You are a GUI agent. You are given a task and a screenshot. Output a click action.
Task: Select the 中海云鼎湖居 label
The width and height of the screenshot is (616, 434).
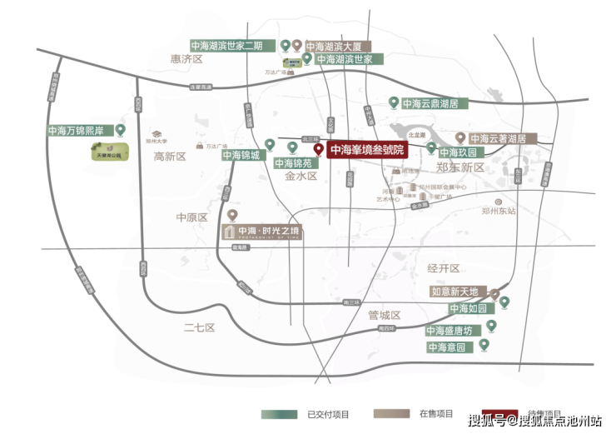tap(430, 103)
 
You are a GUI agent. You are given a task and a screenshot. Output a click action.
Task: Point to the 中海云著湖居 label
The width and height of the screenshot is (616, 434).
tap(498, 138)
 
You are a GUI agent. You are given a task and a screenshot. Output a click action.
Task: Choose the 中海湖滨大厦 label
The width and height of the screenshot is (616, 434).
tap(338, 46)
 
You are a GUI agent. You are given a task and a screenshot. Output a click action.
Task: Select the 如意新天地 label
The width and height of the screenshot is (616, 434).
tap(455, 292)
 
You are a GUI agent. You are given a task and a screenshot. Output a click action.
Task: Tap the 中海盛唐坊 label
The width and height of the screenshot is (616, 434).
tap(450, 331)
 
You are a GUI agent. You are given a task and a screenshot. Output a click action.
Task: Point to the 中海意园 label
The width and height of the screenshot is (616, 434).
tap(449, 347)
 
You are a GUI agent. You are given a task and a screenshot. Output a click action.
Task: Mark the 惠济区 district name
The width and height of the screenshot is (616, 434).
tap(186, 59)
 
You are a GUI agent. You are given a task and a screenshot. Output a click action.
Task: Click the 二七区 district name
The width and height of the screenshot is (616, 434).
tap(200, 327)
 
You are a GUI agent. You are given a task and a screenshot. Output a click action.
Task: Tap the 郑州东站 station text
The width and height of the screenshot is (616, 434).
tap(498, 211)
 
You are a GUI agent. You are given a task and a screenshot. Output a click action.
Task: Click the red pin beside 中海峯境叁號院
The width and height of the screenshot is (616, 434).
tap(317, 150)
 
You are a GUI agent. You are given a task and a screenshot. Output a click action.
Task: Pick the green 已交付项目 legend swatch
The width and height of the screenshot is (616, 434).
tap(280, 414)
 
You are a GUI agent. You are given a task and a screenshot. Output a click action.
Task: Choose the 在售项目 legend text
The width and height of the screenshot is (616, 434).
tap(436, 414)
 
